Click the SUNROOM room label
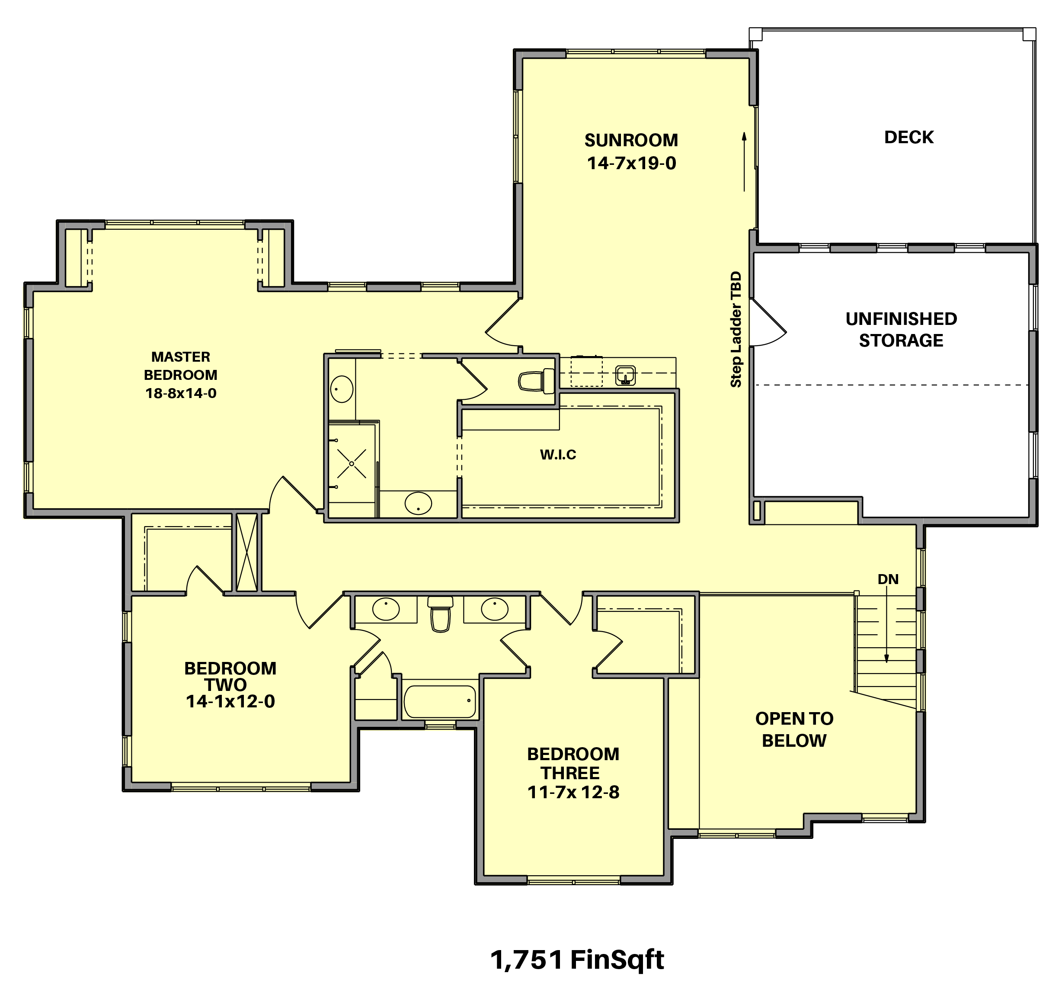point(631,141)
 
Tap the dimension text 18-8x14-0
point(181,393)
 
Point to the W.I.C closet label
point(558,455)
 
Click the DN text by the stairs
point(888,579)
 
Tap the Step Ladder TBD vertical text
point(736,329)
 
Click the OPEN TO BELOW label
point(794,729)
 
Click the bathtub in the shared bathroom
point(440,702)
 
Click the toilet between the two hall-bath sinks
point(440,615)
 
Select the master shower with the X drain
point(352,463)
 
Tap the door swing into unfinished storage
point(768,323)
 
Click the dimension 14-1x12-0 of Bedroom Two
point(230,702)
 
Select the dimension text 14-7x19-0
point(631,164)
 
